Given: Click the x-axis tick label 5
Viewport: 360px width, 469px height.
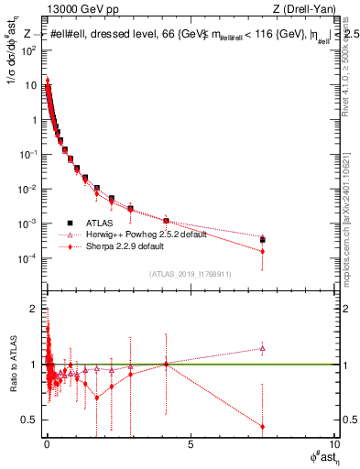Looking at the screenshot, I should point(191,444).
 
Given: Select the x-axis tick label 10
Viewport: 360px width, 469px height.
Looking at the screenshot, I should point(333,444).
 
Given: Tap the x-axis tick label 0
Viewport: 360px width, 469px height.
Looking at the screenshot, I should point(47,444).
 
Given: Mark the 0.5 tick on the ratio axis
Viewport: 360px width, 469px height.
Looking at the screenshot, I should point(33,420).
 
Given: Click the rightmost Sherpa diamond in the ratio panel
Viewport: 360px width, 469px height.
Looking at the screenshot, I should point(263,426).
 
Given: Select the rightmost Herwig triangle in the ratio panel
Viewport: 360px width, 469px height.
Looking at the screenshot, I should point(263,348).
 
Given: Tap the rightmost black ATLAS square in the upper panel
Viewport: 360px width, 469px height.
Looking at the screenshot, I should point(263,240).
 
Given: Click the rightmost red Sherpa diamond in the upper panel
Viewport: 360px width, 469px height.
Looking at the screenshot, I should point(263,251).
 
